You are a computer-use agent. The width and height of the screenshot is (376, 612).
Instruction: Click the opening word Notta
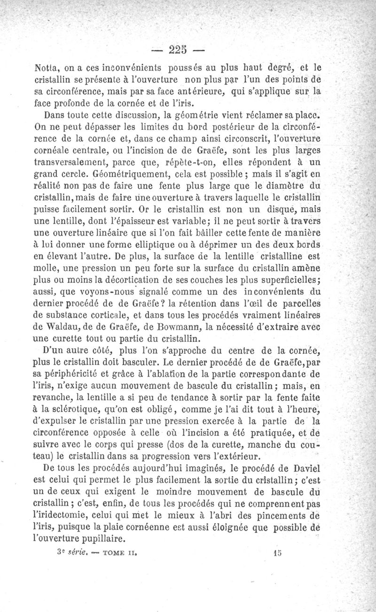[49, 67]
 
